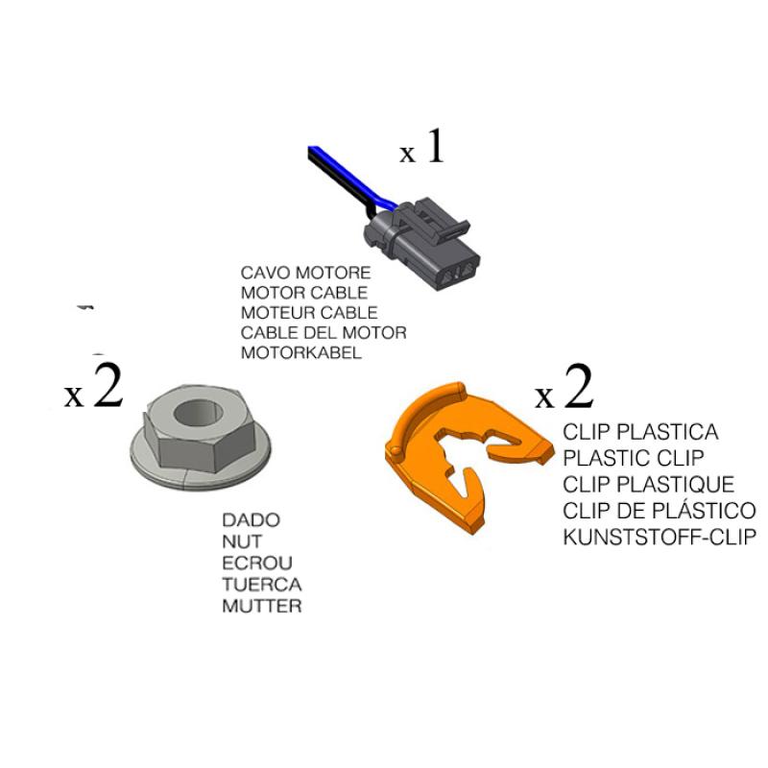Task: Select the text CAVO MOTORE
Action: click(x=305, y=273)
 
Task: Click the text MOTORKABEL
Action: click(x=300, y=353)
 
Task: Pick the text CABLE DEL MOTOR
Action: click(x=324, y=333)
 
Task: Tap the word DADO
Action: click(x=252, y=520)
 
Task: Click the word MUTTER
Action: click(x=262, y=606)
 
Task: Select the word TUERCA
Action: click(x=262, y=585)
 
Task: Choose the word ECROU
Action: click(x=257, y=564)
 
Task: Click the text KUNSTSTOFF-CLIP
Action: click(x=659, y=537)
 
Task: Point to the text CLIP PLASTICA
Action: click(x=640, y=433)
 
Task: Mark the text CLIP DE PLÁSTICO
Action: click(x=659, y=511)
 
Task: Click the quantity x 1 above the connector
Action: click(x=422, y=148)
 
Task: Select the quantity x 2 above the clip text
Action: click(x=564, y=390)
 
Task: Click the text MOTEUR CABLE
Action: click(x=309, y=313)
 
